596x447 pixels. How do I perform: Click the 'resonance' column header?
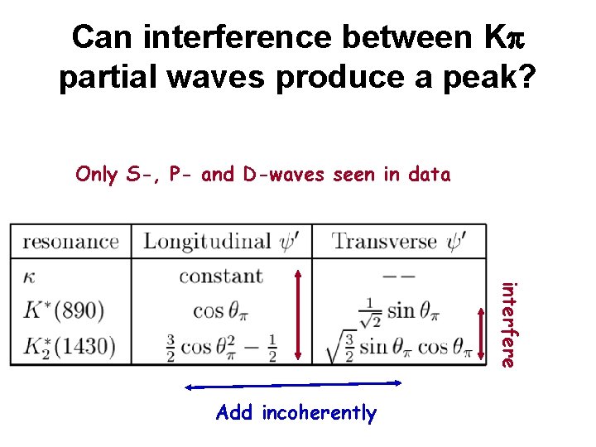tap(70, 242)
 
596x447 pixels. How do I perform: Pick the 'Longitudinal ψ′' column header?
tap(219, 241)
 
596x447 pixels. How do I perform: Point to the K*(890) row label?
tap(65, 310)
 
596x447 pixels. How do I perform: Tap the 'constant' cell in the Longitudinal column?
tap(220, 276)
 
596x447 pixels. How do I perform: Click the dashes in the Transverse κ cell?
tap(398, 276)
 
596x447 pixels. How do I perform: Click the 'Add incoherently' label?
tap(296, 412)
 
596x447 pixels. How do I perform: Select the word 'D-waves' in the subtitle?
tap(276, 174)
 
